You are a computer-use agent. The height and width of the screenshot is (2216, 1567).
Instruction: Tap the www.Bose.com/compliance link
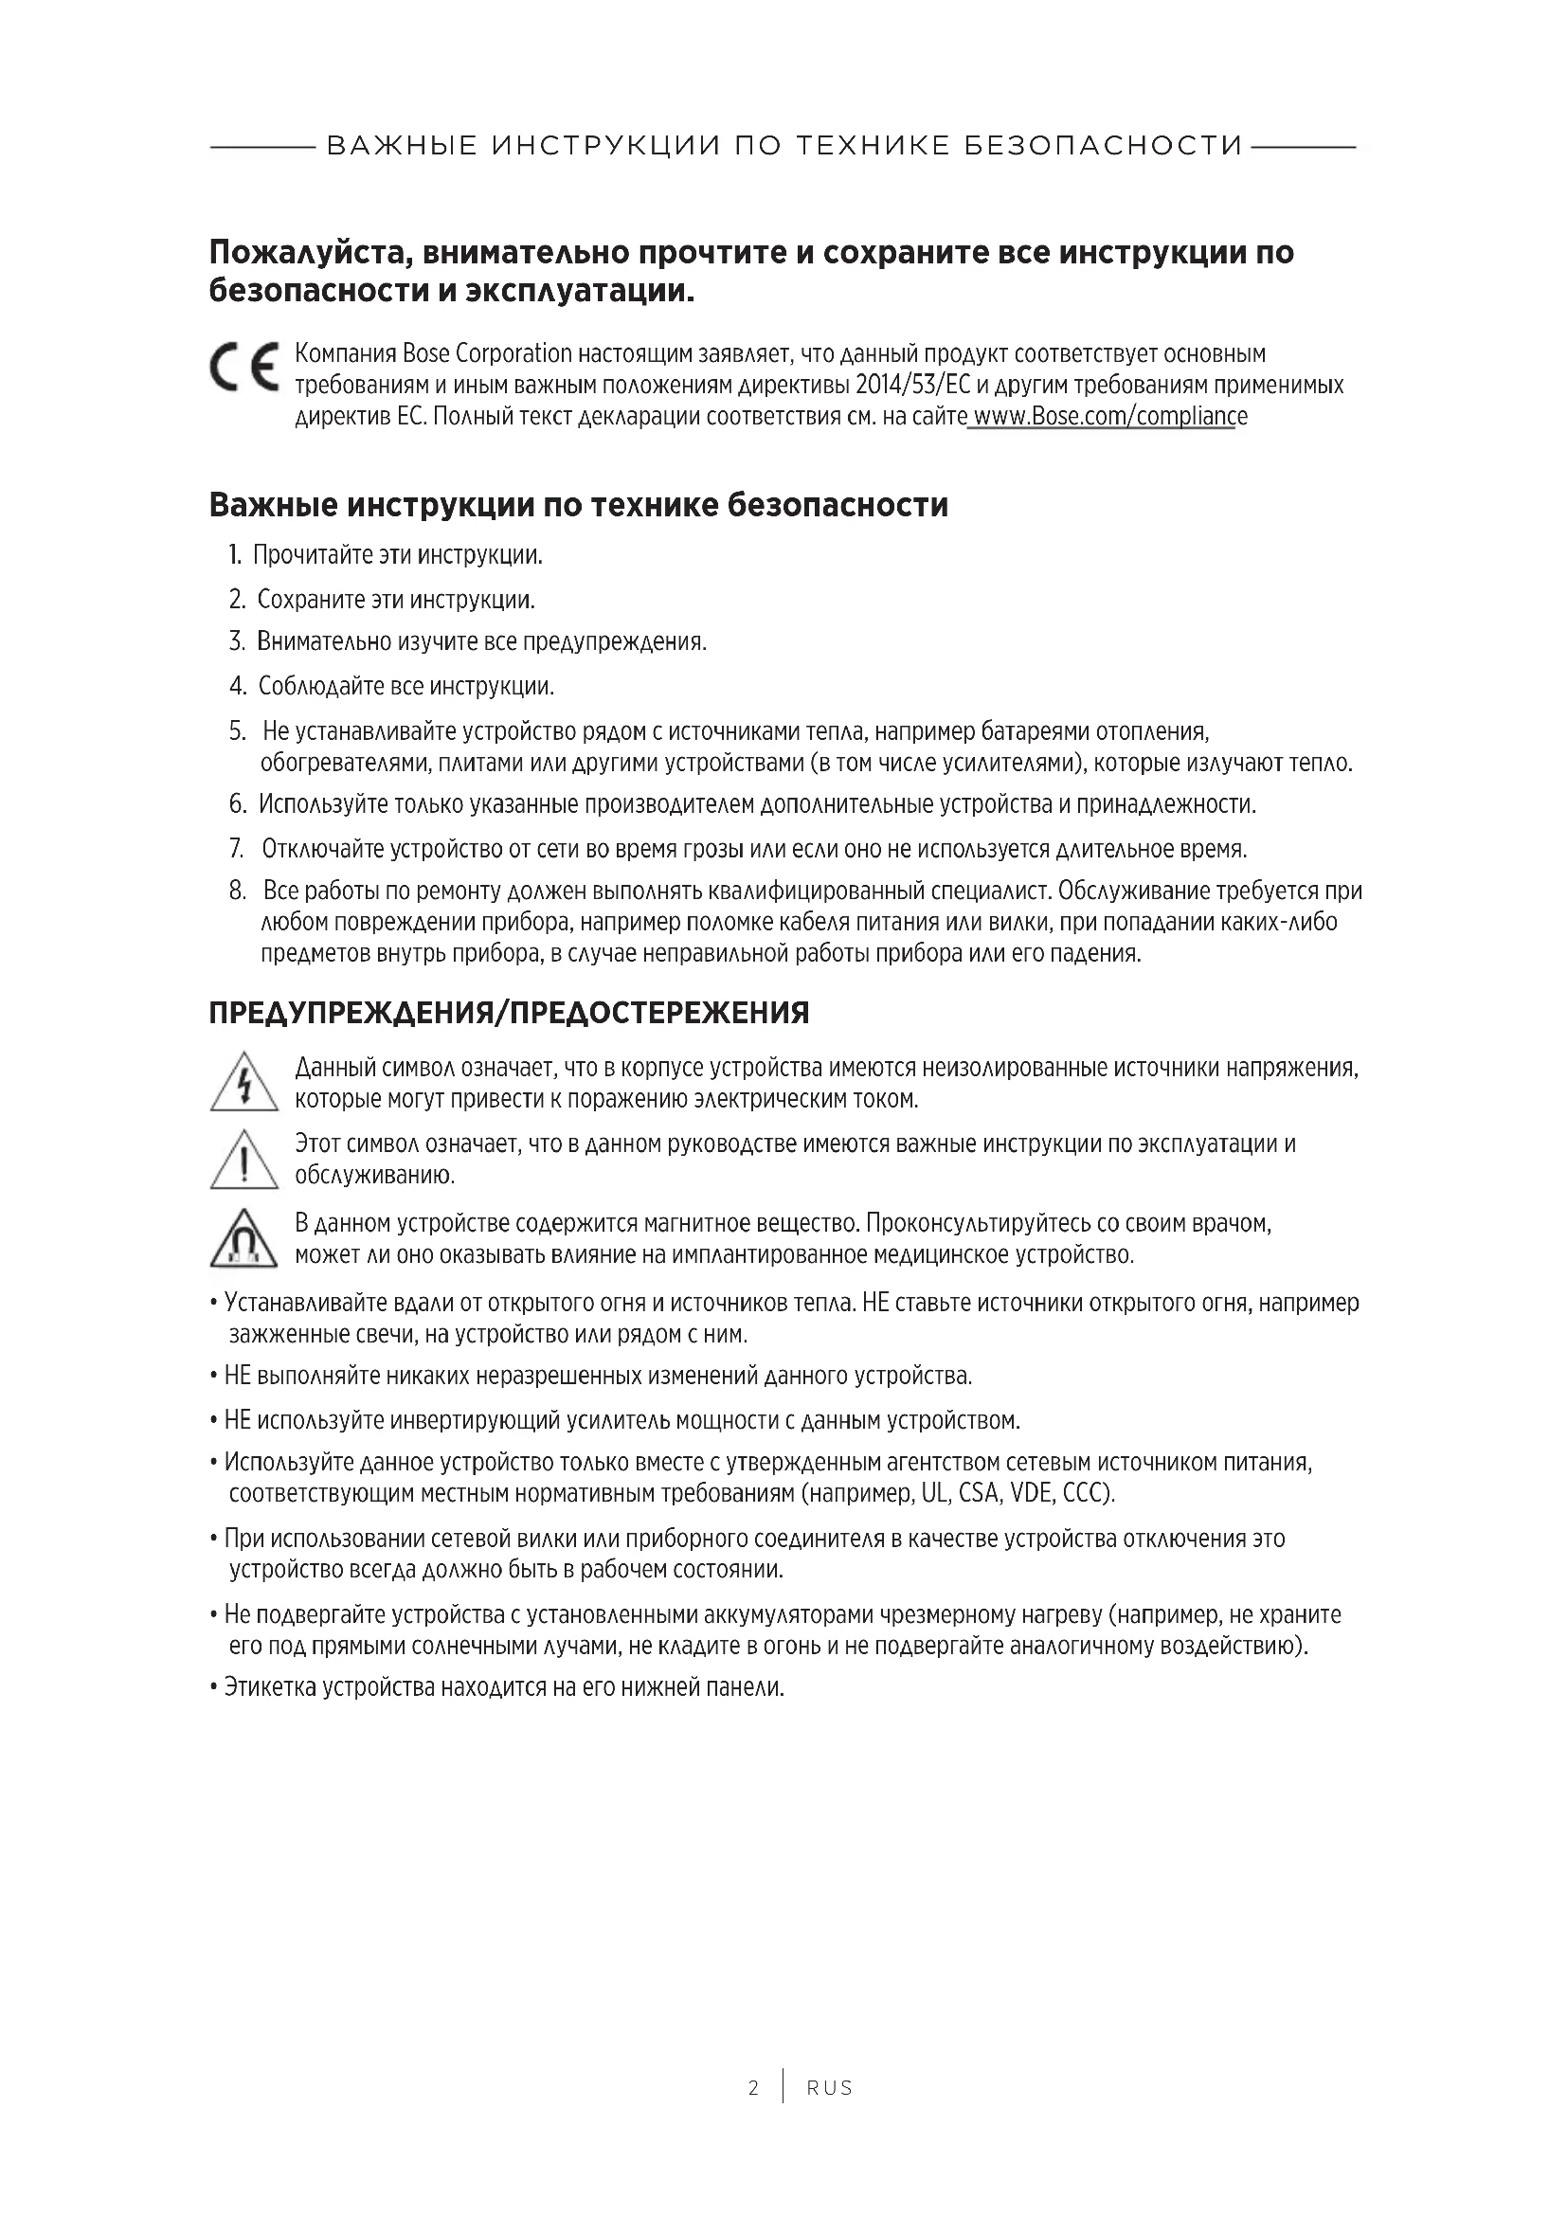(1108, 417)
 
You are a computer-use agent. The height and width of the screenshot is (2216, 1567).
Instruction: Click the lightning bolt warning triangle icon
(244, 1082)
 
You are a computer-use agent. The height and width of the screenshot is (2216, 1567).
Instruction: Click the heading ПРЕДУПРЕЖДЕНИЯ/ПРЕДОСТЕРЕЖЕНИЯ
(509, 1014)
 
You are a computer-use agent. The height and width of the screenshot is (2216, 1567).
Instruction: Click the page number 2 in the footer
(752, 2089)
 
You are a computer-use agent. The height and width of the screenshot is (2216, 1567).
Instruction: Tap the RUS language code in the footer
(830, 2089)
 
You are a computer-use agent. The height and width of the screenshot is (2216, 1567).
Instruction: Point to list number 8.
(238, 890)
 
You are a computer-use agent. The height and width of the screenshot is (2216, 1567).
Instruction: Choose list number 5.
(238, 731)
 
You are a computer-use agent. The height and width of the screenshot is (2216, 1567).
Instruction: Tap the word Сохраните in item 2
(305, 600)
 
